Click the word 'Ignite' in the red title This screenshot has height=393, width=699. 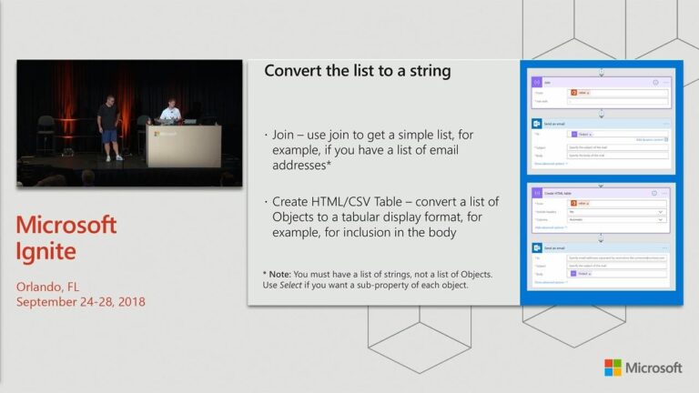click(x=46, y=250)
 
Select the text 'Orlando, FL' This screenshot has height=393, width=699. click(x=47, y=287)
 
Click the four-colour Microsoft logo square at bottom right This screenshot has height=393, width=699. click(x=613, y=368)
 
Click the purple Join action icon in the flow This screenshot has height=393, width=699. click(x=537, y=81)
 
